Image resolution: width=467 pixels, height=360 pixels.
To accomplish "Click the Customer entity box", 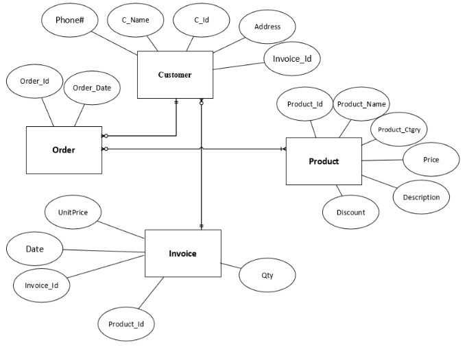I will (x=175, y=75).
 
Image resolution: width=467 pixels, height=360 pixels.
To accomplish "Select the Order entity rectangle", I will (x=64, y=150).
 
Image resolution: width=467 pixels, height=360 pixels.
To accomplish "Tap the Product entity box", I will (x=324, y=161).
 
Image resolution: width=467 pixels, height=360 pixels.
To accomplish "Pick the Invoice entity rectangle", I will (x=182, y=253).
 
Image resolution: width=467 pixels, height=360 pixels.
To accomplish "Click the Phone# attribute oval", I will (x=69, y=21).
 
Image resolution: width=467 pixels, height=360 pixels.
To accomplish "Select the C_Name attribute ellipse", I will (x=136, y=21).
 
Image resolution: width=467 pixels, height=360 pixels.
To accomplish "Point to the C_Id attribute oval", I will (x=201, y=21).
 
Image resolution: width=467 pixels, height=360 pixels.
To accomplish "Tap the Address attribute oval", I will (x=267, y=27).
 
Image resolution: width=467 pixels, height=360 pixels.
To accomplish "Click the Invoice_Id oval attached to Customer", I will (x=292, y=59).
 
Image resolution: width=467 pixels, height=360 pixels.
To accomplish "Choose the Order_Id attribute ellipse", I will (x=34, y=81).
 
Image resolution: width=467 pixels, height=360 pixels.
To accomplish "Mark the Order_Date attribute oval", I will (x=92, y=88).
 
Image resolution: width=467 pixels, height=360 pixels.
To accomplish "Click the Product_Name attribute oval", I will (x=361, y=104).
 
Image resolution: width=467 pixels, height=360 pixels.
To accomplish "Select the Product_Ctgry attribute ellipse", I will (x=398, y=129).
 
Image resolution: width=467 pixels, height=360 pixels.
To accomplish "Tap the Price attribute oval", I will (x=431, y=159).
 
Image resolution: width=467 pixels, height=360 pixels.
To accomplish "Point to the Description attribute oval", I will (x=421, y=197).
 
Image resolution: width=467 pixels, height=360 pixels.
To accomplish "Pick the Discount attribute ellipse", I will (x=350, y=212).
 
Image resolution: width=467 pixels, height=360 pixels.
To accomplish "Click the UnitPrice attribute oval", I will (x=73, y=213).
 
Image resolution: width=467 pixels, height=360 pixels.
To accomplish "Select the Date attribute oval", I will (x=35, y=249).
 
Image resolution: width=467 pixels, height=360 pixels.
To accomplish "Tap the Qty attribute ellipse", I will (x=267, y=275).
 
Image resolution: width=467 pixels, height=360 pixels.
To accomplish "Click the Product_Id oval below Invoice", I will (x=126, y=323).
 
